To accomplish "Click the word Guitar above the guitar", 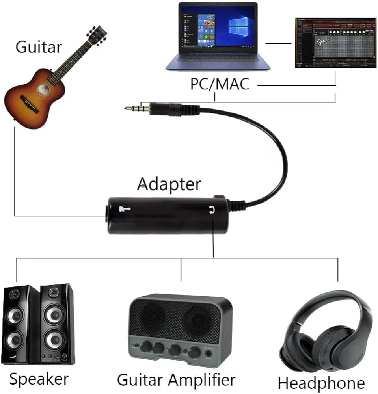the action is (39, 47).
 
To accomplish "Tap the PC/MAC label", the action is (220, 84).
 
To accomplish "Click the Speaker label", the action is (39, 379).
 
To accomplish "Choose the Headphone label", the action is (322, 383).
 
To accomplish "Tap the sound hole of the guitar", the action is (43, 89).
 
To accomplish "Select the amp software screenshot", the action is (335, 43).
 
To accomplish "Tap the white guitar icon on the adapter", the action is (125, 209).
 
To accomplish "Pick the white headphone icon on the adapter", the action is (212, 209).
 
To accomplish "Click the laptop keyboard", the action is (218, 59).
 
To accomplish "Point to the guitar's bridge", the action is (30, 104).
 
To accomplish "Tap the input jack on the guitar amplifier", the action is (209, 353).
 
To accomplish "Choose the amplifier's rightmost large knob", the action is (194, 351).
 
